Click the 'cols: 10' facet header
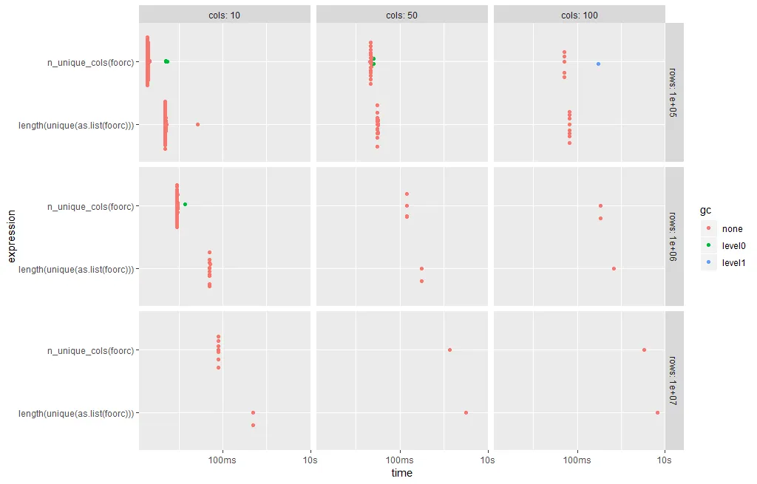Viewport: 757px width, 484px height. (x=225, y=15)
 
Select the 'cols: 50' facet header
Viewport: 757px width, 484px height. (x=402, y=15)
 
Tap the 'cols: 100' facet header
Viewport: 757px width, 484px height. (x=580, y=15)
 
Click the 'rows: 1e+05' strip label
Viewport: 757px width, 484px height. (x=674, y=92)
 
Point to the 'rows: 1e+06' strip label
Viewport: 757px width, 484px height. (x=674, y=236)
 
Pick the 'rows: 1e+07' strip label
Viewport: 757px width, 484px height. (x=674, y=380)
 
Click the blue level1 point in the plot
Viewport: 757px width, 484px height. (x=598, y=64)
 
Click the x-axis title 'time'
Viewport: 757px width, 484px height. (x=402, y=473)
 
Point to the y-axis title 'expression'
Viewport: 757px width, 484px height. (x=12, y=236)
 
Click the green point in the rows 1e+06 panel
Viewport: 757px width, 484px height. (x=185, y=204)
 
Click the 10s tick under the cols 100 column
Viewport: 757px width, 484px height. (x=665, y=460)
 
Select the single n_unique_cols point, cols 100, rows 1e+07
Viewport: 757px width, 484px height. (x=644, y=350)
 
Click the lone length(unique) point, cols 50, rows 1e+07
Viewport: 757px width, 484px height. (x=466, y=412)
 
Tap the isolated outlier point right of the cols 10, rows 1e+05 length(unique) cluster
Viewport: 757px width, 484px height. (x=197, y=124)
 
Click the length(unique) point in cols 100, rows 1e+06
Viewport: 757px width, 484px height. (x=614, y=268)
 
